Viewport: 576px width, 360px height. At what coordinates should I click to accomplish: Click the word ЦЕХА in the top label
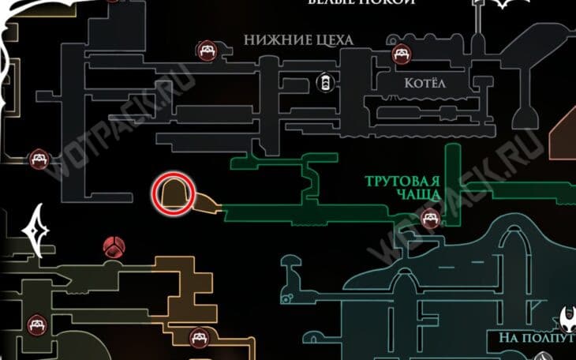tap(331, 39)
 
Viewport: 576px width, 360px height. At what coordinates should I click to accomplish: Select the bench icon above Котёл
tap(401, 54)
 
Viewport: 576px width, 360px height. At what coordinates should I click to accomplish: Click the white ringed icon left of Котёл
tap(323, 82)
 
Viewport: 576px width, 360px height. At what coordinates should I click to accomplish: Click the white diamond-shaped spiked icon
tap(37, 228)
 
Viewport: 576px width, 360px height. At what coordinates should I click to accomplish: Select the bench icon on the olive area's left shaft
tap(36, 324)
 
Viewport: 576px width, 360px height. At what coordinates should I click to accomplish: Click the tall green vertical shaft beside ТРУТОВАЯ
tap(452, 174)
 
